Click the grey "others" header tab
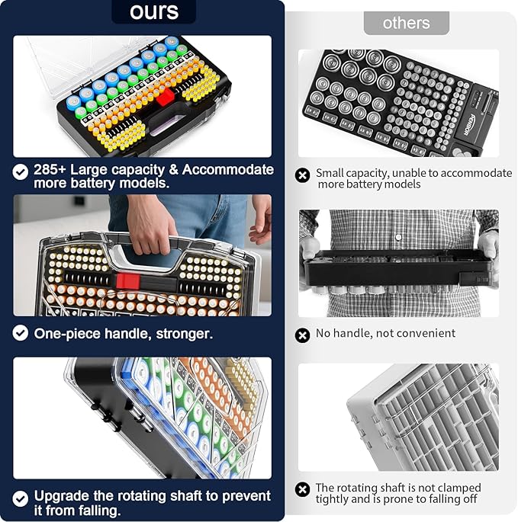406,23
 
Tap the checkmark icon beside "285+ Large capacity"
21,172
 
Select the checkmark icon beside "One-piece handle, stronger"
21,333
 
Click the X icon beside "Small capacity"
303,176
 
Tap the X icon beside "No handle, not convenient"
303,335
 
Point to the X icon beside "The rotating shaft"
303,489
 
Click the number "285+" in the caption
50,170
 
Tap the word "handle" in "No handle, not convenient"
353,333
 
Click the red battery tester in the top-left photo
166,97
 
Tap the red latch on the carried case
127,280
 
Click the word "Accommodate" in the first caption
227,170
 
